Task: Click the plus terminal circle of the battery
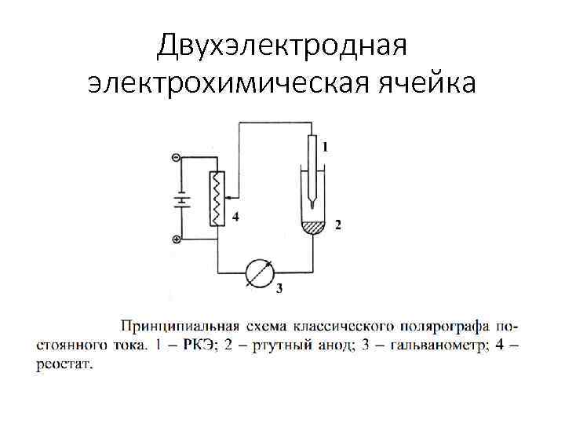coord(175,238)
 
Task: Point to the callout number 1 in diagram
coord(325,146)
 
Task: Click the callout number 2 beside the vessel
coord(337,225)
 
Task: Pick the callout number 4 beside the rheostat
coord(235,217)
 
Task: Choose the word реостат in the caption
coord(63,364)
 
